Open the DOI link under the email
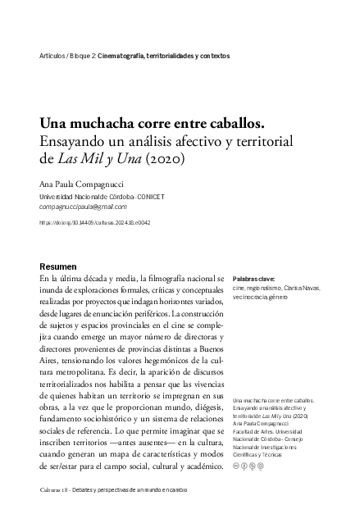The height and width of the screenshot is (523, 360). [94, 222]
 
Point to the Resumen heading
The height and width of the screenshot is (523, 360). [58, 268]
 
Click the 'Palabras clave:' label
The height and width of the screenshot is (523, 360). [253, 279]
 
